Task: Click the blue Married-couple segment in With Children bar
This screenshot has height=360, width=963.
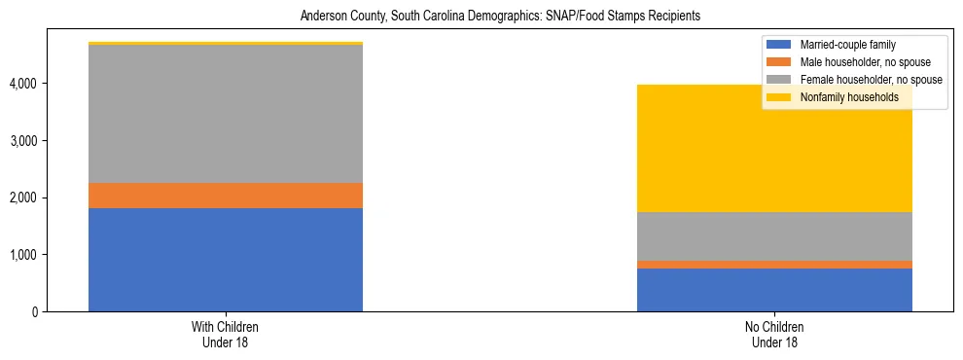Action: tap(226, 260)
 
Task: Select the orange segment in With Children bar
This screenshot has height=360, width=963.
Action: tap(226, 196)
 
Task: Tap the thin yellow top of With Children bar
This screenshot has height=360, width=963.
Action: tap(226, 44)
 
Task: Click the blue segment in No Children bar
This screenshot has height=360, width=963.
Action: tap(774, 290)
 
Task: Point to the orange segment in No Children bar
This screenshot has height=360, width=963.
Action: tap(774, 265)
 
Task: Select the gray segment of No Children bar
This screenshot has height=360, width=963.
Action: tap(774, 236)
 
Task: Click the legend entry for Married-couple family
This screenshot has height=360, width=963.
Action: tap(847, 45)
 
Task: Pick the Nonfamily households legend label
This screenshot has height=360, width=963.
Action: tap(849, 97)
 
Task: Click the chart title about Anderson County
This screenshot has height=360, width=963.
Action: tap(500, 17)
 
